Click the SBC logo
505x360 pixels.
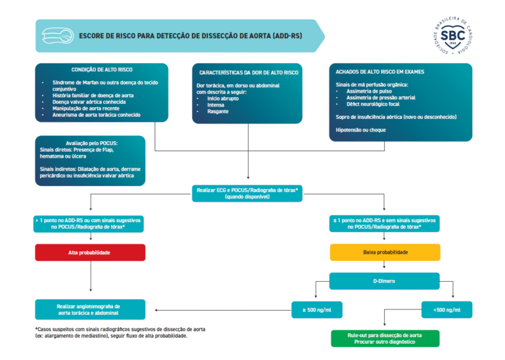point(452,36)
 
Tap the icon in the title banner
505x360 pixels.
point(57,35)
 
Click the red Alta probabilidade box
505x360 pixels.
point(90,252)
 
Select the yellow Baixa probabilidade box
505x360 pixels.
point(385,252)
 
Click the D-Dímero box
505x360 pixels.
point(385,281)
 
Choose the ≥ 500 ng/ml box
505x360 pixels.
point(317,309)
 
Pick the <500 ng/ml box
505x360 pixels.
point(446,309)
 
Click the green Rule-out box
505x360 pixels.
point(385,338)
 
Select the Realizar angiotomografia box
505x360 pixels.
point(90,309)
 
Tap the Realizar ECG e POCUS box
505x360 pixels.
point(248,192)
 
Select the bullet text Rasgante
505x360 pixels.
point(218,112)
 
